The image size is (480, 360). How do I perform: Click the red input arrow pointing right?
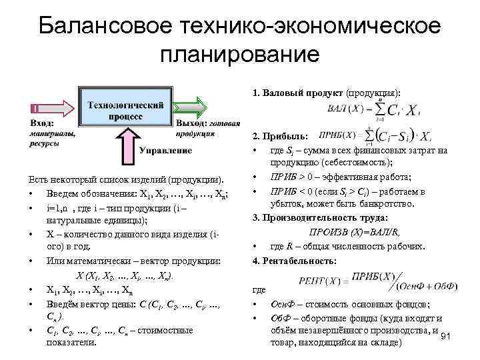click(x=50, y=107)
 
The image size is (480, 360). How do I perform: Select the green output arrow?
click(x=195, y=106)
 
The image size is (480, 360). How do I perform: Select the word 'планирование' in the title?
click(x=240, y=55)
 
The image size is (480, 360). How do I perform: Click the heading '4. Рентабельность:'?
click(x=294, y=259)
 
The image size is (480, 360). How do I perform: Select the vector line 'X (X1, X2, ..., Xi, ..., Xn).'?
click(x=125, y=275)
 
